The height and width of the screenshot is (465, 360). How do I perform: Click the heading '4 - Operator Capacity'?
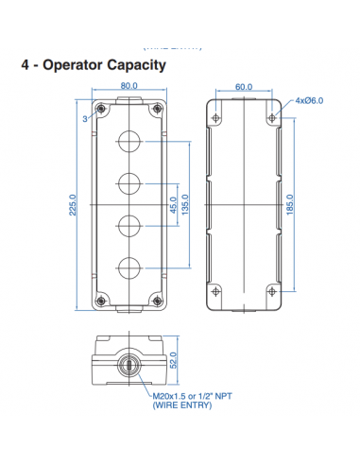pos(94,65)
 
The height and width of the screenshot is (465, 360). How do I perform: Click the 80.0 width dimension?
pos(129,86)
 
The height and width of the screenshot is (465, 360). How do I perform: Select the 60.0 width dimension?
pos(244,87)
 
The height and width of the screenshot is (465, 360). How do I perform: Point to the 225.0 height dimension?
pos(72,206)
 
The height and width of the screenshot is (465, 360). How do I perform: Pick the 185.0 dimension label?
pos(289,203)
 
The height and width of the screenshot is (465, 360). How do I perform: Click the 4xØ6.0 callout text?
pos(309,100)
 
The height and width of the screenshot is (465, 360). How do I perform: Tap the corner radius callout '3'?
pos(85,119)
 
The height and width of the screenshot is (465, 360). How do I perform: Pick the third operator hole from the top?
pos(129,225)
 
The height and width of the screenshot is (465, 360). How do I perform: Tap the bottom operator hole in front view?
pos(129,267)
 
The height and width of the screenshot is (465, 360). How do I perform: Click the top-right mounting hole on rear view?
pos(272,118)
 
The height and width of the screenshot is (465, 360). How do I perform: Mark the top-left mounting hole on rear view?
pos(216,118)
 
